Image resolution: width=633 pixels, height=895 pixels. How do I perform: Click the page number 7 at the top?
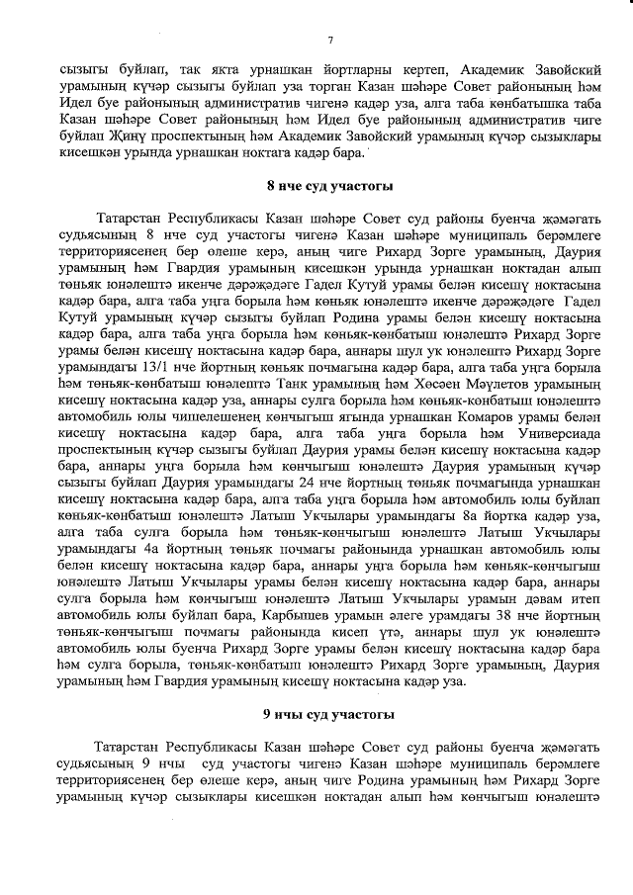(329, 39)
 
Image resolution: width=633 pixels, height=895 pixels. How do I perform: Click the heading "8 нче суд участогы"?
(329, 186)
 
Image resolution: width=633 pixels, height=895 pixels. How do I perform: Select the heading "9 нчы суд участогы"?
(329, 713)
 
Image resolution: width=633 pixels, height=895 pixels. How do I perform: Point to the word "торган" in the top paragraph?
(295, 90)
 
